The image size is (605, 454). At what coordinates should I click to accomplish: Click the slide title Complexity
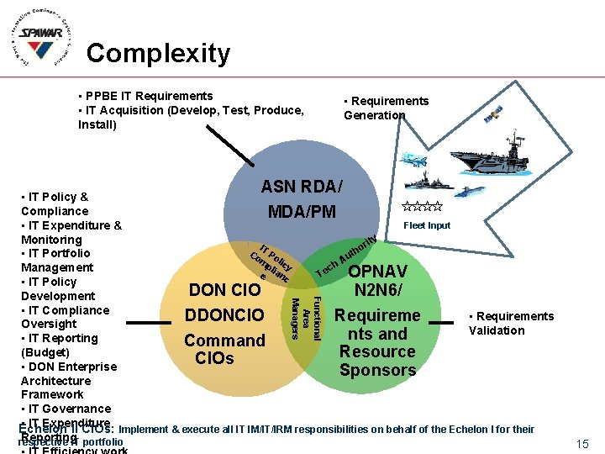coord(158,53)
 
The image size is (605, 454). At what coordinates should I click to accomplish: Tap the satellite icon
coord(494,113)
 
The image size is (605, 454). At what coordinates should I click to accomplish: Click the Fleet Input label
coord(427,225)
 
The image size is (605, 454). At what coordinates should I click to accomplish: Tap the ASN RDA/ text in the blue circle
coord(302,185)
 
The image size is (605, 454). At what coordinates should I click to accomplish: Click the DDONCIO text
coord(224,315)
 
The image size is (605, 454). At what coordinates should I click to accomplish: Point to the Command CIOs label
coord(224,349)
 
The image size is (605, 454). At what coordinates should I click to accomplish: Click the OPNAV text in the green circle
coord(378,272)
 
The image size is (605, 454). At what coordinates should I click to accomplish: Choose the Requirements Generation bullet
coord(386,108)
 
